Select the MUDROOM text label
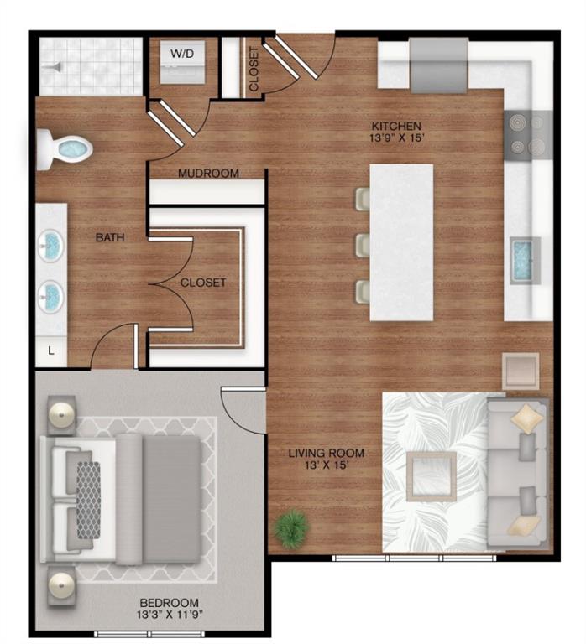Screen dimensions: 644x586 click(208, 174)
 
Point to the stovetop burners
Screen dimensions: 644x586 click(528, 133)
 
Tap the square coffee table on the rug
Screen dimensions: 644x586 click(431, 475)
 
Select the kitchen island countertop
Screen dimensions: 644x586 click(401, 241)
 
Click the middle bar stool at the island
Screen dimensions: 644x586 click(363, 245)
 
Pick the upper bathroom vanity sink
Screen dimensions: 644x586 click(51, 246)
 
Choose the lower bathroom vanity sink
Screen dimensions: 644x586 click(51, 294)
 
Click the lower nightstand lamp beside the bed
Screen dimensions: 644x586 click(60, 584)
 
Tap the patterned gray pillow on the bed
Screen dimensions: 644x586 click(88, 499)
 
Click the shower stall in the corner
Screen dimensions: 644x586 click(89, 65)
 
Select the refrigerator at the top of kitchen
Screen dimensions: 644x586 click(438, 65)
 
